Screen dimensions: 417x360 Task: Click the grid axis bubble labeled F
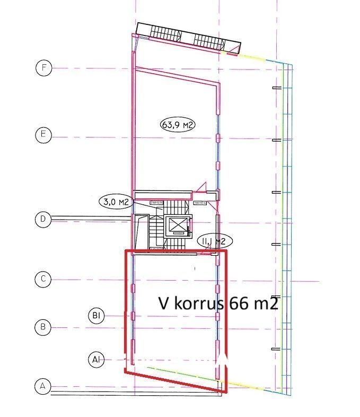[x=43, y=68]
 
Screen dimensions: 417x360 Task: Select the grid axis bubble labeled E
[x=43, y=135]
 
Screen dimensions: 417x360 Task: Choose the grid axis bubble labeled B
[x=43, y=326]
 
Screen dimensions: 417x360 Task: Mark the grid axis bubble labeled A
[x=43, y=386]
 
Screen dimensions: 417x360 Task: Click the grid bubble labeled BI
[x=96, y=316]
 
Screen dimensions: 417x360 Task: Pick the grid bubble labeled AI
[x=96, y=360]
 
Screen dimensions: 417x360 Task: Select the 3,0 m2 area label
[x=115, y=201]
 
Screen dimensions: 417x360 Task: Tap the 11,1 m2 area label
[x=214, y=241]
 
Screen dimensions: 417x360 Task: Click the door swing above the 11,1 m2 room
[x=201, y=186]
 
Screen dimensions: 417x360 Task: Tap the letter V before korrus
[x=164, y=303]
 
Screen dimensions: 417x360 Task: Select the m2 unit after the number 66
[x=265, y=303]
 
